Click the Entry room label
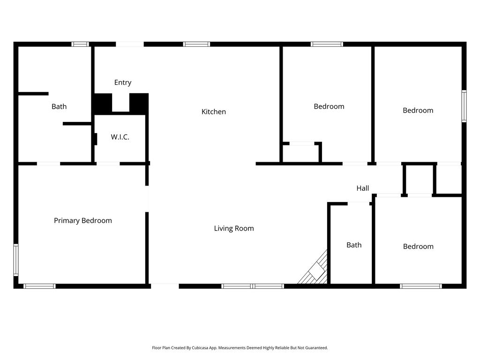click(123, 82)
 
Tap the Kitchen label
click(214, 112)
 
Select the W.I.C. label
click(120, 137)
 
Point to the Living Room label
click(234, 228)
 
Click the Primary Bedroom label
click(83, 220)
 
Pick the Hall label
click(362, 188)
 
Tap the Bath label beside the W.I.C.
click(59, 106)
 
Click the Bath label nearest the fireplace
click(354, 245)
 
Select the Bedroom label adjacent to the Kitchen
click(329, 106)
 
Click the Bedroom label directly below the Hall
click(418, 247)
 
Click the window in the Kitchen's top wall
click(196, 45)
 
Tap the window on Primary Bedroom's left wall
click(15, 260)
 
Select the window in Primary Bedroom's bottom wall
click(39, 286)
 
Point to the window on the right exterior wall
click(464, 106)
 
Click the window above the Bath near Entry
click(80, 45)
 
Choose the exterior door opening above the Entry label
click(130, 45)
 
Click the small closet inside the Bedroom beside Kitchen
click(301, 153)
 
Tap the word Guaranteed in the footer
click(316, 348)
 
